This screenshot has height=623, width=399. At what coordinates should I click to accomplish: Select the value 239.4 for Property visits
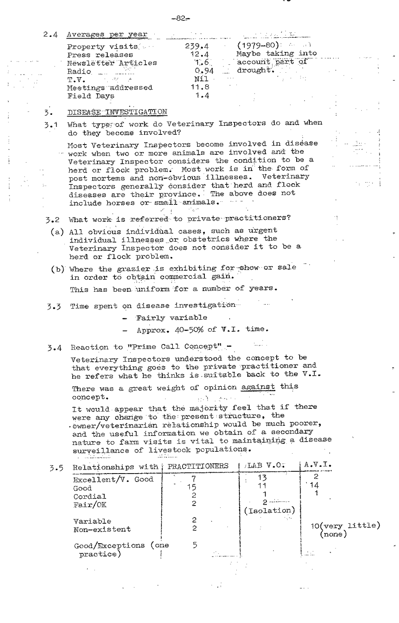click(x=196, y=46)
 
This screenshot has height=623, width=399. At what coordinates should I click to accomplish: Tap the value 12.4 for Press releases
click(x=199, y=55)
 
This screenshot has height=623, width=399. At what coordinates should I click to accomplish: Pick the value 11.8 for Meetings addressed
click(x=199, y=87)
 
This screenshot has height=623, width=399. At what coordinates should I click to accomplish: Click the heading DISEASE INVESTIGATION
click(x=117, y=112)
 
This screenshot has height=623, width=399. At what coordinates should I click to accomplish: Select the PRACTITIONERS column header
click(x=198, y=466)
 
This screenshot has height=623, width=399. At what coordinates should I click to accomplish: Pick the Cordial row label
click(x=90, y=496)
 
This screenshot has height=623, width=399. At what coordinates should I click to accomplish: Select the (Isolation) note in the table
click(x=270, y=510)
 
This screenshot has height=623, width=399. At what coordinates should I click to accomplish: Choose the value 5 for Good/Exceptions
click(x=195, y=545)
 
